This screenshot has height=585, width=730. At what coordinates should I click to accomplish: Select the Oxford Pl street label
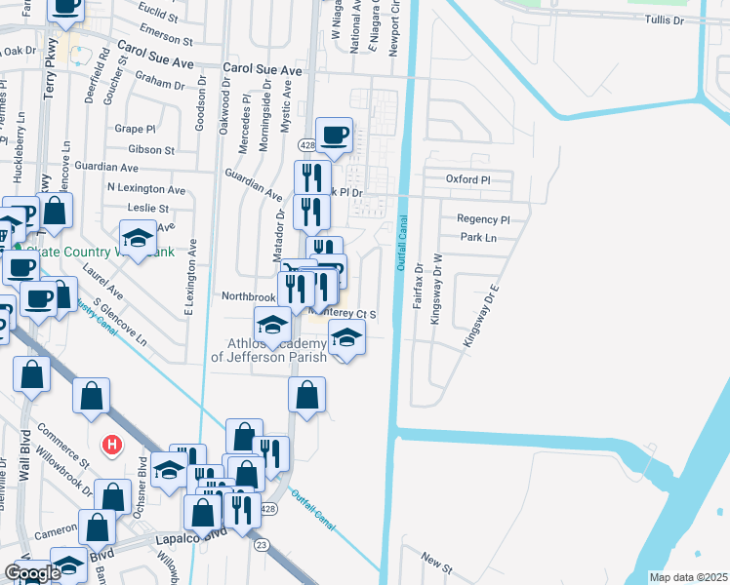[466, 180]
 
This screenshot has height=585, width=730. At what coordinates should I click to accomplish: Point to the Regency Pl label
[483, 219]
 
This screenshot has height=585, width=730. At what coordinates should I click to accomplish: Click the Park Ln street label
[478, 237]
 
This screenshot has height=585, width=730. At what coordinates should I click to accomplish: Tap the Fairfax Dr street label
[418, 286]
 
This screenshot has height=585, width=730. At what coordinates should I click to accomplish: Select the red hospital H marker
[112, 446]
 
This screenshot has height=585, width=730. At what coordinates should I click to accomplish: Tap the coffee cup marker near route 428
[335, 135]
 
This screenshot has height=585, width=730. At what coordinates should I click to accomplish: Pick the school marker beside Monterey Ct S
[345, 339]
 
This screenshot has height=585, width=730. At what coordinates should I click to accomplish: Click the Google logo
[32, 573]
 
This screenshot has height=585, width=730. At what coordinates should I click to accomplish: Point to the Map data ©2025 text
[687, 577]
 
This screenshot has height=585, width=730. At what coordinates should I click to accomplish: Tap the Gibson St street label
[150, 150]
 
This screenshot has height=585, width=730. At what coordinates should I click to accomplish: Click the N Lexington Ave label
[145, 188]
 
